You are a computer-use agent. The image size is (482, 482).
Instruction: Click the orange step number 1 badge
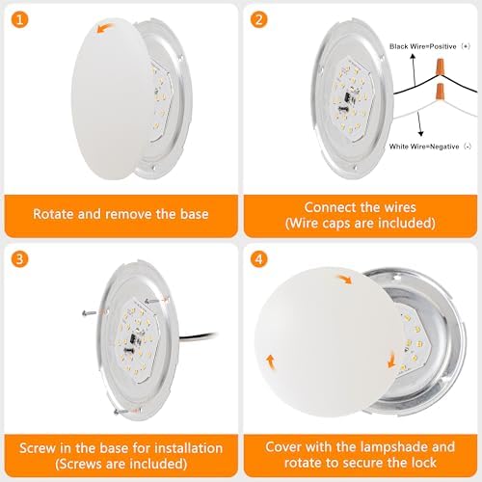(x=19, y=19)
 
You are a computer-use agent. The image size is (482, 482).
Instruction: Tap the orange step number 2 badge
(x=259, y=19)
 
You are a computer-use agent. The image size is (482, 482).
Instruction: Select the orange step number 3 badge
(x=19, y=258)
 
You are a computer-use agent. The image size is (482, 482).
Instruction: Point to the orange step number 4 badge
(x=259, y=258)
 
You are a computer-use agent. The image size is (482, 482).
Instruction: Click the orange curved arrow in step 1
(x=105, y=27)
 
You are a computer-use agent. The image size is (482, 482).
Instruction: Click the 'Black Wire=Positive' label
(x=423, y=46)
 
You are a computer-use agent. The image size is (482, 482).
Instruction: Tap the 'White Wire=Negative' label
(x=424, y=147)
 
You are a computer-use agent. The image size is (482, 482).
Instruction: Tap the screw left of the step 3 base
(x=89, y=312)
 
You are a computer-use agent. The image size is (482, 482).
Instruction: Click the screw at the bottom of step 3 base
(x=120, y=412)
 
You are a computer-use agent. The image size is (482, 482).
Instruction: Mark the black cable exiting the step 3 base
(x=198, y=335)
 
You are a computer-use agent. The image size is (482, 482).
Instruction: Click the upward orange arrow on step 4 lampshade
(x=272, y=361)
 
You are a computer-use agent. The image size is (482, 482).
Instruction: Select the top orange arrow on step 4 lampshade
(x=344, y=279)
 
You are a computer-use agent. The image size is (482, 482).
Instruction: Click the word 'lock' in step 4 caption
(x=423, y=463)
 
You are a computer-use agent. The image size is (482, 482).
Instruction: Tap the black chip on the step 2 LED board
(x=348, y=97)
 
